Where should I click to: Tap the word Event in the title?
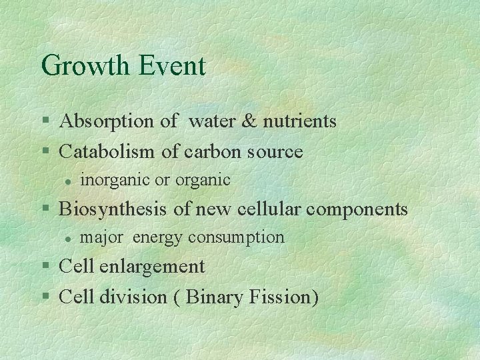pos(173,66)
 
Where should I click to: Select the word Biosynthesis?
pos(114,209)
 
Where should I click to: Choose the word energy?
pos(159,237)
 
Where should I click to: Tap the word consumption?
pos(237,237)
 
